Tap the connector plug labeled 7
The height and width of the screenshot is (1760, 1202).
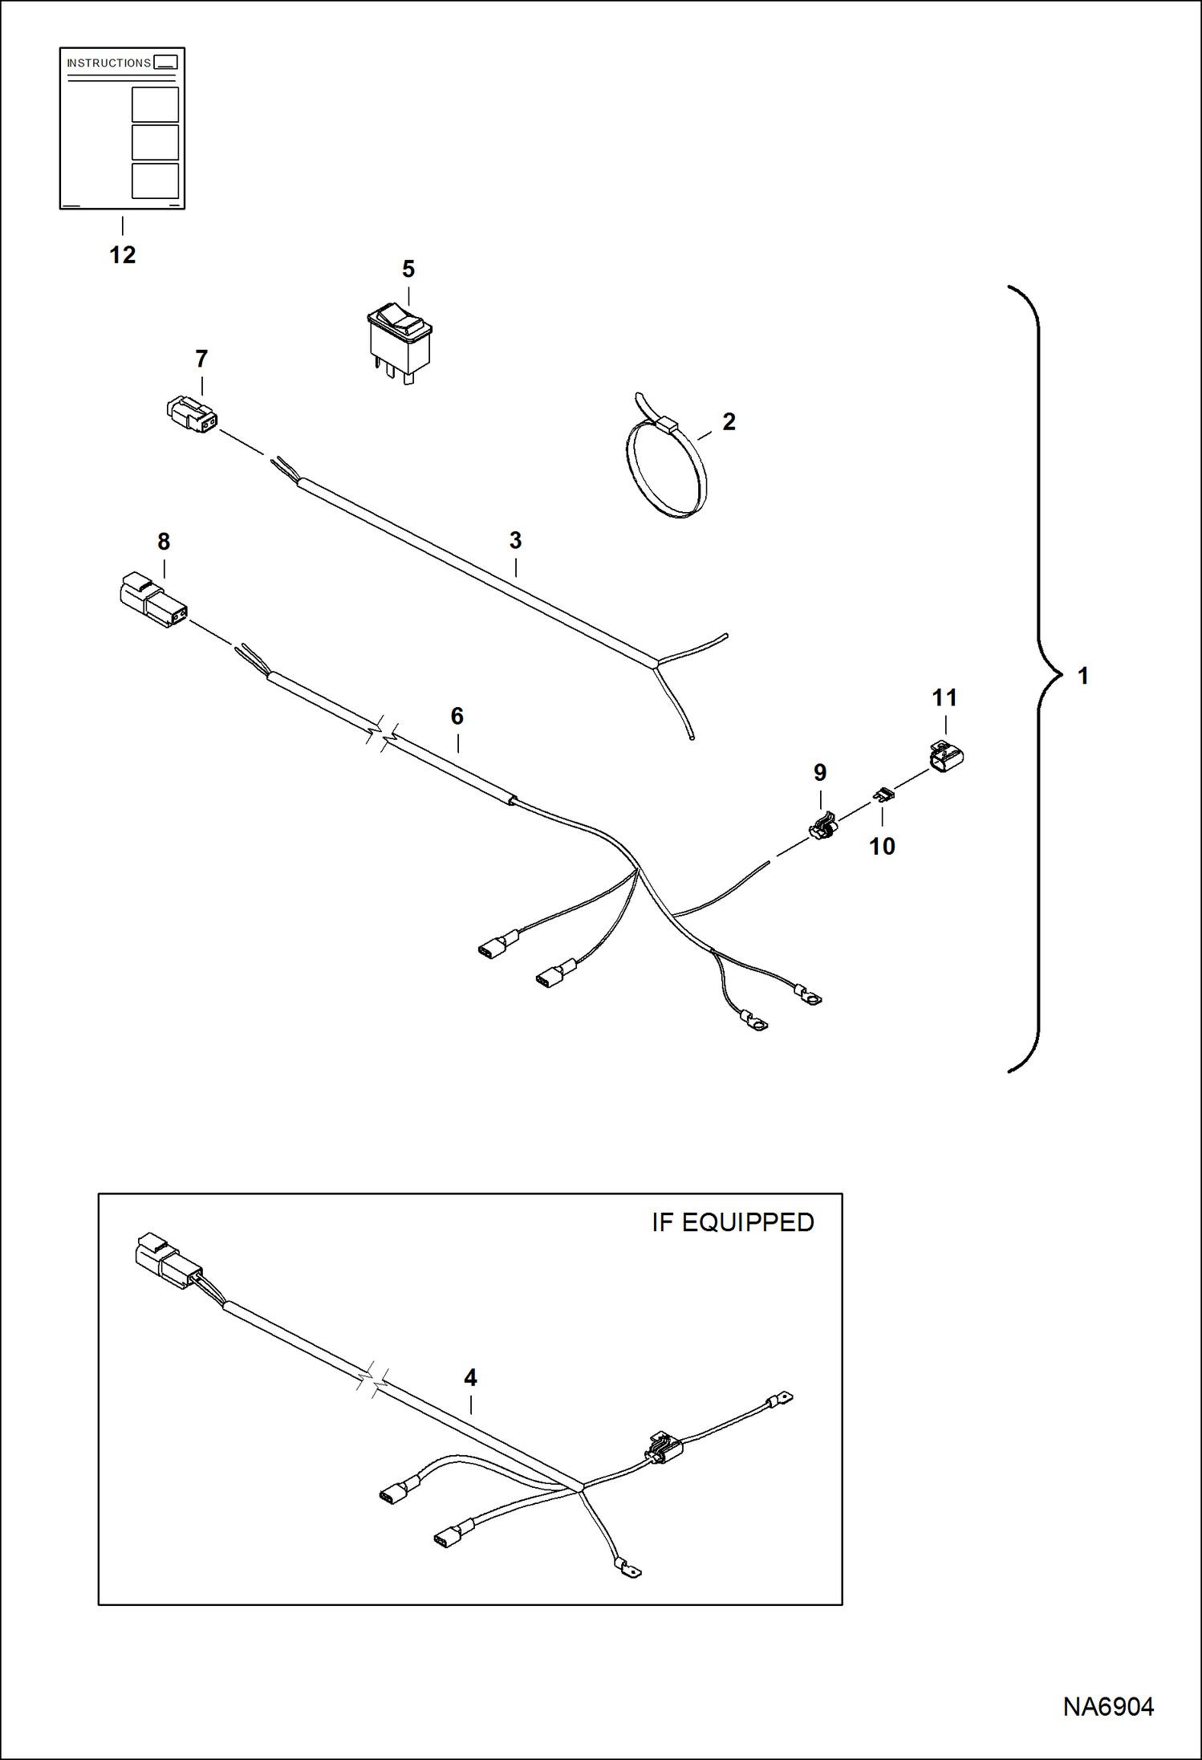[192, 414]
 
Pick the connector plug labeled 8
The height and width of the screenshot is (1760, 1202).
[152, 600]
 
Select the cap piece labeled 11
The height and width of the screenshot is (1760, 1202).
[946, 756]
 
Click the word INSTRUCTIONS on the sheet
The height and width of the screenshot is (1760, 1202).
[108, 63]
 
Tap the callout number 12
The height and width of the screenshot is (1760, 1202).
[122, 255]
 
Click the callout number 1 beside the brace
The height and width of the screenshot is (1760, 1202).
[1082, 676]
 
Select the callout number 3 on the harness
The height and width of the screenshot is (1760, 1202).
[515, 540]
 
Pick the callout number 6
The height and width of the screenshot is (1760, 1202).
[457, 716]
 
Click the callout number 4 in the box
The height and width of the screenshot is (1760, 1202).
[470, 1377]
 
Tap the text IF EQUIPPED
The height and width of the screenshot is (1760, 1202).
[732, 1222]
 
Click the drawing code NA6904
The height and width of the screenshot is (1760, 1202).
[1107, 1706]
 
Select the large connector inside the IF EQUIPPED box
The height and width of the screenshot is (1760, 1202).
[167, 1261]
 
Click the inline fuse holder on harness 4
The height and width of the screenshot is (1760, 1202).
[663, 1446]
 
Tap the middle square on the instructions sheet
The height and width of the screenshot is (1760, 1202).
[155, 142]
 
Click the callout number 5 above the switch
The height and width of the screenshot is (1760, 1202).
[408, 269]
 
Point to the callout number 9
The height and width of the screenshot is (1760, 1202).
[819, 772]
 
